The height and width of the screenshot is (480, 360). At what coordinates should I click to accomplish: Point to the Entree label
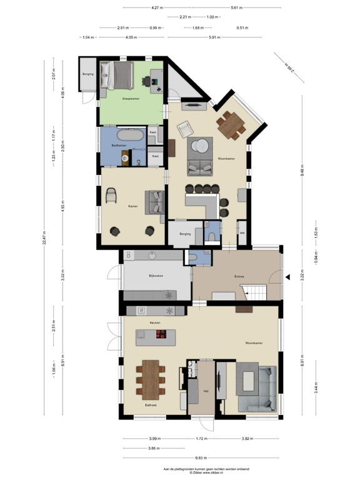click(x=239, y=277)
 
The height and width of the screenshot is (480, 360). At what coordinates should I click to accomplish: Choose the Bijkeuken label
click(x=156, y=276)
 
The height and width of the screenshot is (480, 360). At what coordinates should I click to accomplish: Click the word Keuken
click(x=156, y=322)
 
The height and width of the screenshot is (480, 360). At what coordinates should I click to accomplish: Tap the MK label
click(x=242, y=233)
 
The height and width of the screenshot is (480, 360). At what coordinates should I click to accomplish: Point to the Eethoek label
click(x=150, y=406)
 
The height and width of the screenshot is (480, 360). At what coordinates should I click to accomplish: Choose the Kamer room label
click(x=132, y=206)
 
